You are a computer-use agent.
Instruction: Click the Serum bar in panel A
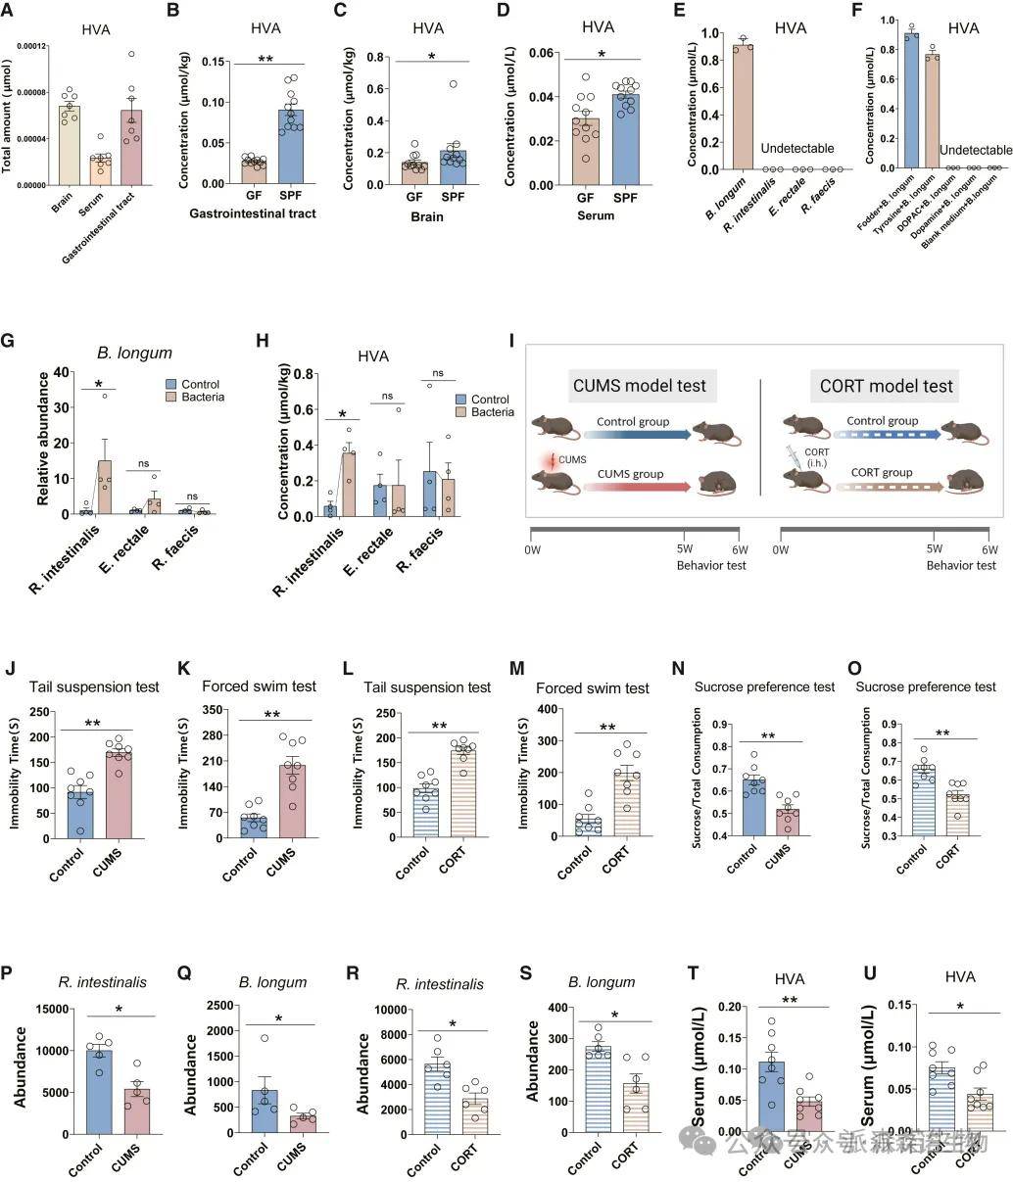99,169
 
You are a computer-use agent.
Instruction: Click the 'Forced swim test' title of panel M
593,688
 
